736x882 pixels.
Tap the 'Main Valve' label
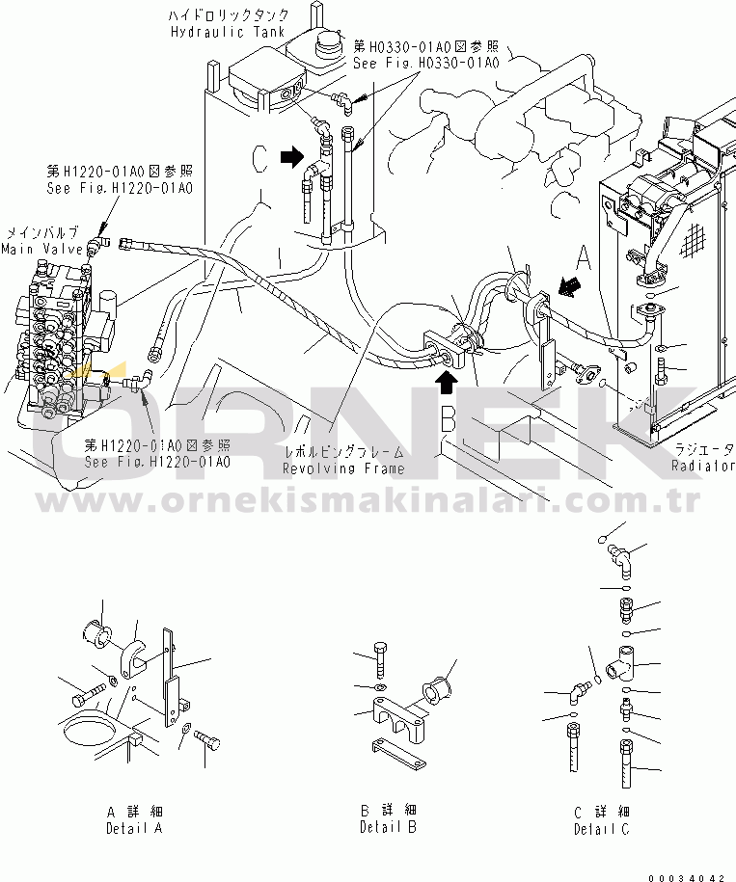(31, 250)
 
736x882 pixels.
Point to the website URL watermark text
(367, 503)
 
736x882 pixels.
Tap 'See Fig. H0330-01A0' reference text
(425, 64)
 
